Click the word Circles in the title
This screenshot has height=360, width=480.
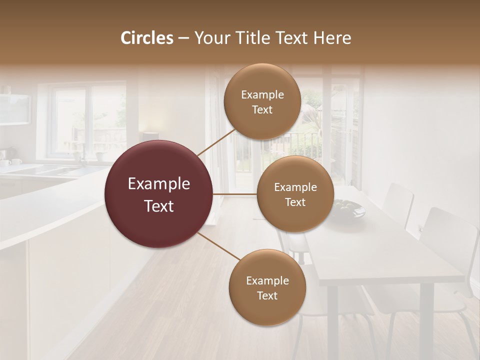(x=146, y=38)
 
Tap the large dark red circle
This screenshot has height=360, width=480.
(x=159, y=194)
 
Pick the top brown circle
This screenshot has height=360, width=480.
(x=262, y=101)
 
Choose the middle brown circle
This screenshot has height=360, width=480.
(x=295, y=194)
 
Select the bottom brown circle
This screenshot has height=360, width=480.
(x=267, y=287)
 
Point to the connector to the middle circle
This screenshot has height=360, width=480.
(x=234, y=194)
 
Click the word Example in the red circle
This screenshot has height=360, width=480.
(x=159, y=184)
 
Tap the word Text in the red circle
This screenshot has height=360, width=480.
(x=159, y=206)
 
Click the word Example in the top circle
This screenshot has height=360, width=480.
(x=262, y=94)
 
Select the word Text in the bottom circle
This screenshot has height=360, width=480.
(x=267, y=295)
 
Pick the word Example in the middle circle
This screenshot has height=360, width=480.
(x=295, y=187)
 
